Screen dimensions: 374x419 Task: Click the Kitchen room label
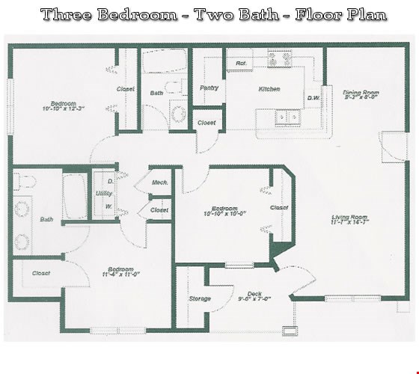click(x=269, y=90)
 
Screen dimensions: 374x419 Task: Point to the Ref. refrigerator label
click(x=241, y=64)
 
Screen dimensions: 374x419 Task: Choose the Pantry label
click(x=209, y=88)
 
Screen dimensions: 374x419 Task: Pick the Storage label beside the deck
click(x=200, y=298)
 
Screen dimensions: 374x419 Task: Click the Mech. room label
click(x=159, y=183)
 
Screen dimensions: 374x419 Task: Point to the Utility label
click(x=103, y=192)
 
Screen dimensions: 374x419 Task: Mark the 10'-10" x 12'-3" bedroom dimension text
click(x=64, y=108)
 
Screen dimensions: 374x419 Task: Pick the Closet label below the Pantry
click(x=206, y=123)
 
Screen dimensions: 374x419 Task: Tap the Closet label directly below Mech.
click(x=159, y=210)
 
